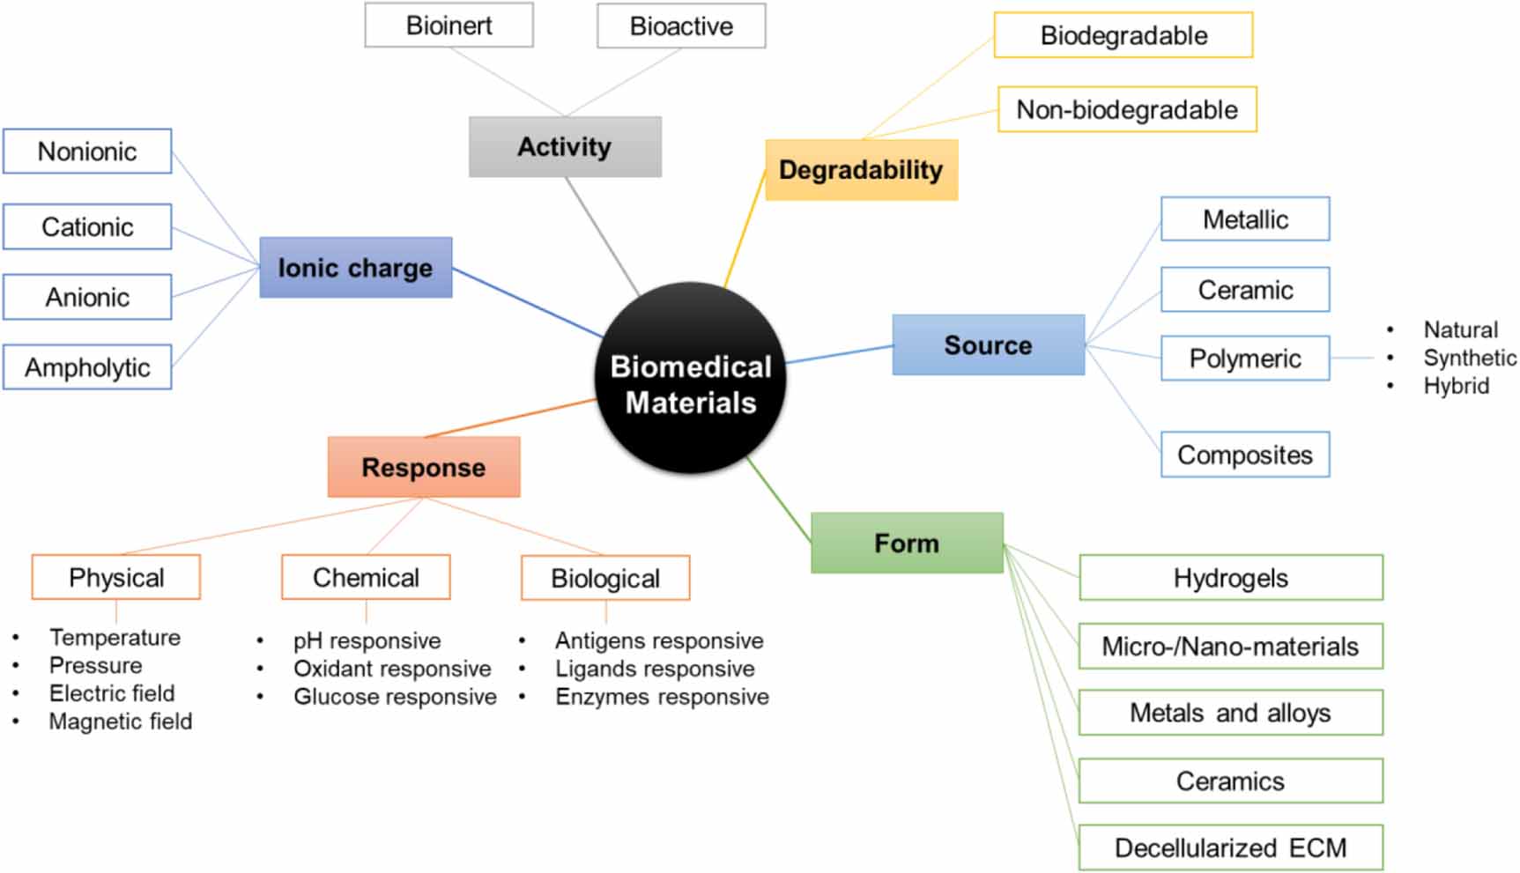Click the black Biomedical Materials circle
(691, 379)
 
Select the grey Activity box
(565, 147)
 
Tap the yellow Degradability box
(861, 170)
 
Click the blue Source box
(988, 345)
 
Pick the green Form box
(907, 543)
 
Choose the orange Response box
(423, 467)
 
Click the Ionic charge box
(355, 268)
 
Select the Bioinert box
(449, 26)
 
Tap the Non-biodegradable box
(1127, 109)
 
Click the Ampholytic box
(87, 367)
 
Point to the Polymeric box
(1244, 359)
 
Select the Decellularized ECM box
(1230, 847)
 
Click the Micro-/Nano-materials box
(1230, 647)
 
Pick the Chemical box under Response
(366, 578)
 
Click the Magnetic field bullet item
(120, 721)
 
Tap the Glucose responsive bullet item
(395, 697)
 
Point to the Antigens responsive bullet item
(658, 640)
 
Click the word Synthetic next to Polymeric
(1469, 358)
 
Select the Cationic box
(87, 227)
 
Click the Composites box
(1244, 455)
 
